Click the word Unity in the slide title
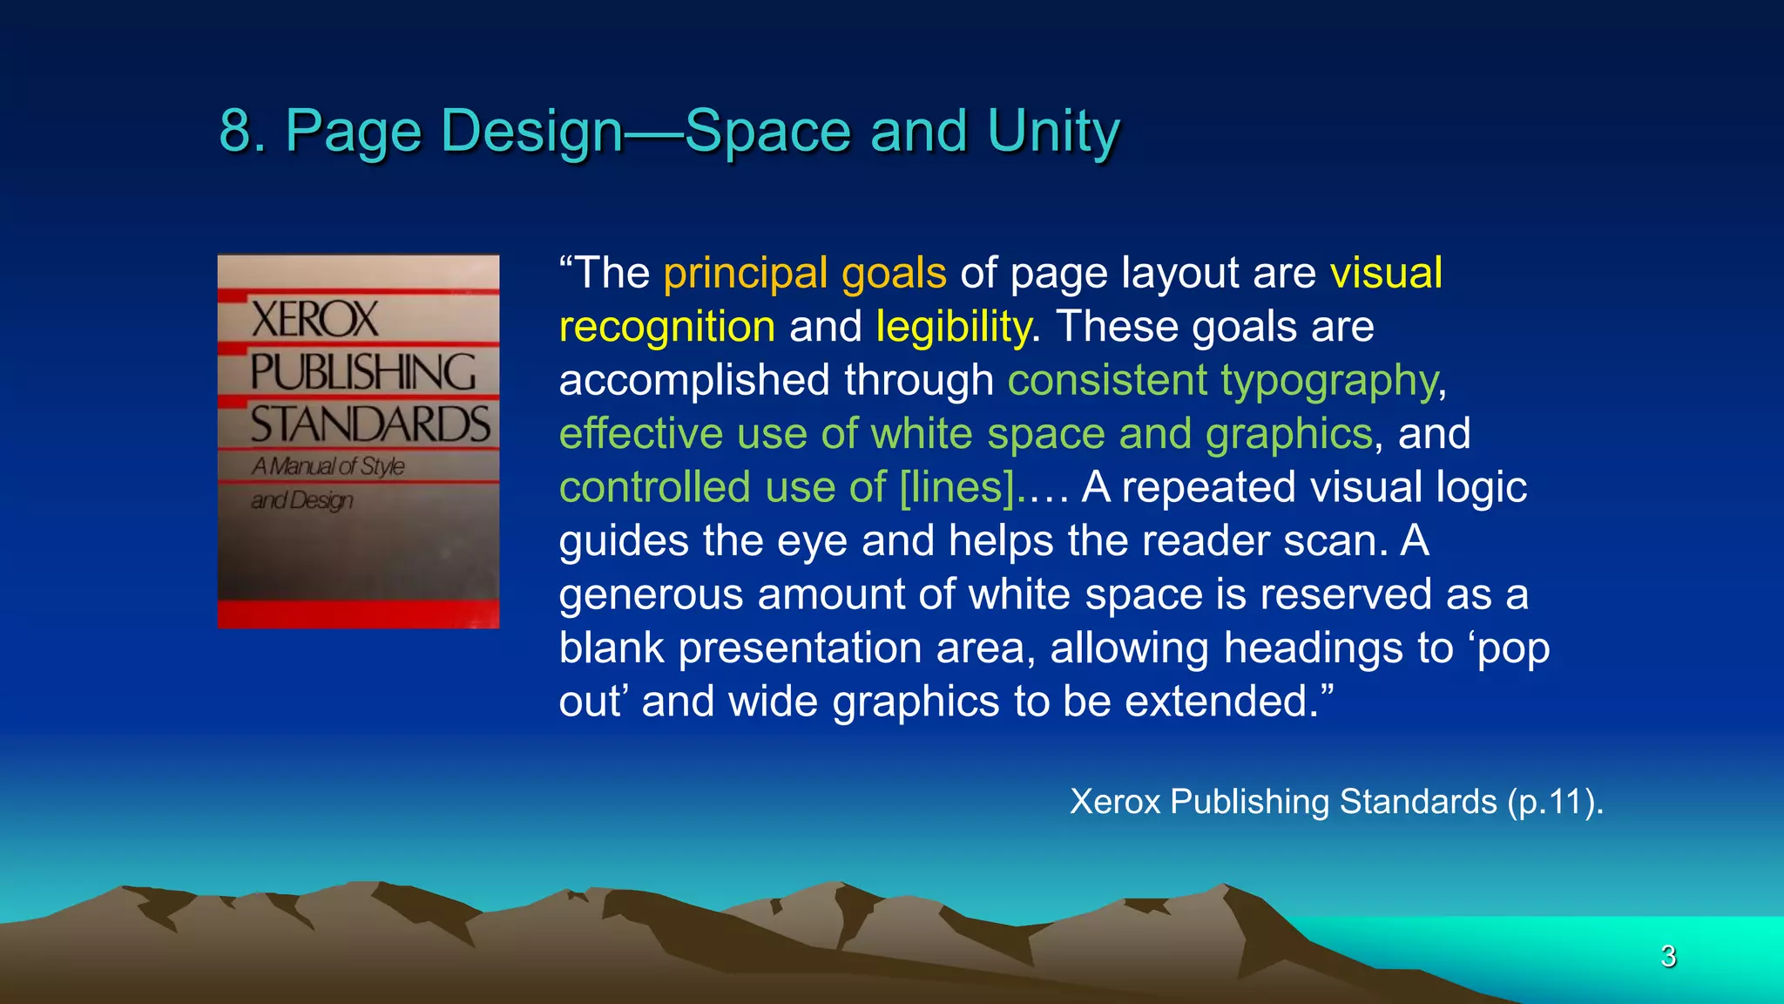[1053, 132]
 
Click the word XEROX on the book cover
[314, 319]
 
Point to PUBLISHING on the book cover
[362, 372]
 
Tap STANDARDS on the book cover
[370, 425]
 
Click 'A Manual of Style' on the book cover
[328, 466]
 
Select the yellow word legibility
[953, 327]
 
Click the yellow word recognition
[666, 327]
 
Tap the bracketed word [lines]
[956, 486]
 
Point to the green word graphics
[1289, 433]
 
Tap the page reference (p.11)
[1555, 802]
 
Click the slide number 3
[1668, 956]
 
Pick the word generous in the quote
[651, 594]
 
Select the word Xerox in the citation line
[1115, 802]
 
